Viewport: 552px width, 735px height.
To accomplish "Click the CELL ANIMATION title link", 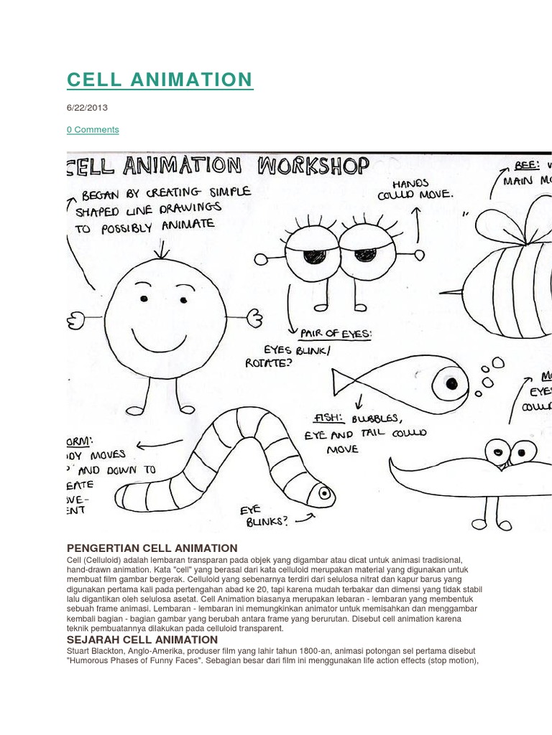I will (x=160, y=79).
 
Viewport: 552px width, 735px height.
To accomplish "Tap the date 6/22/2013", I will (x=87, y=108).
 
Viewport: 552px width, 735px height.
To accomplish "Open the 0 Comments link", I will (x=93, y=129).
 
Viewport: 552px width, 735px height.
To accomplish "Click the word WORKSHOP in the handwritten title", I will (x=313, y=167).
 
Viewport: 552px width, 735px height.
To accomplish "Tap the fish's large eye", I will (x=451, y=383).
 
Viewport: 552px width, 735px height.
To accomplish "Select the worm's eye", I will (x=324, y=493).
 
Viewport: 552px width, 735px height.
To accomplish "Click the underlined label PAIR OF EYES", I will (x=336, y=332).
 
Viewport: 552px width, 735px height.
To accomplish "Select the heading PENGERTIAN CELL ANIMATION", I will (x=152, y=548).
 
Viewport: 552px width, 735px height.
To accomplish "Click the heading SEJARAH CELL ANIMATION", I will (x=142, y=640).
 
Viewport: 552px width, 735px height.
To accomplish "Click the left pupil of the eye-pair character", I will (x=313, y=256).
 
